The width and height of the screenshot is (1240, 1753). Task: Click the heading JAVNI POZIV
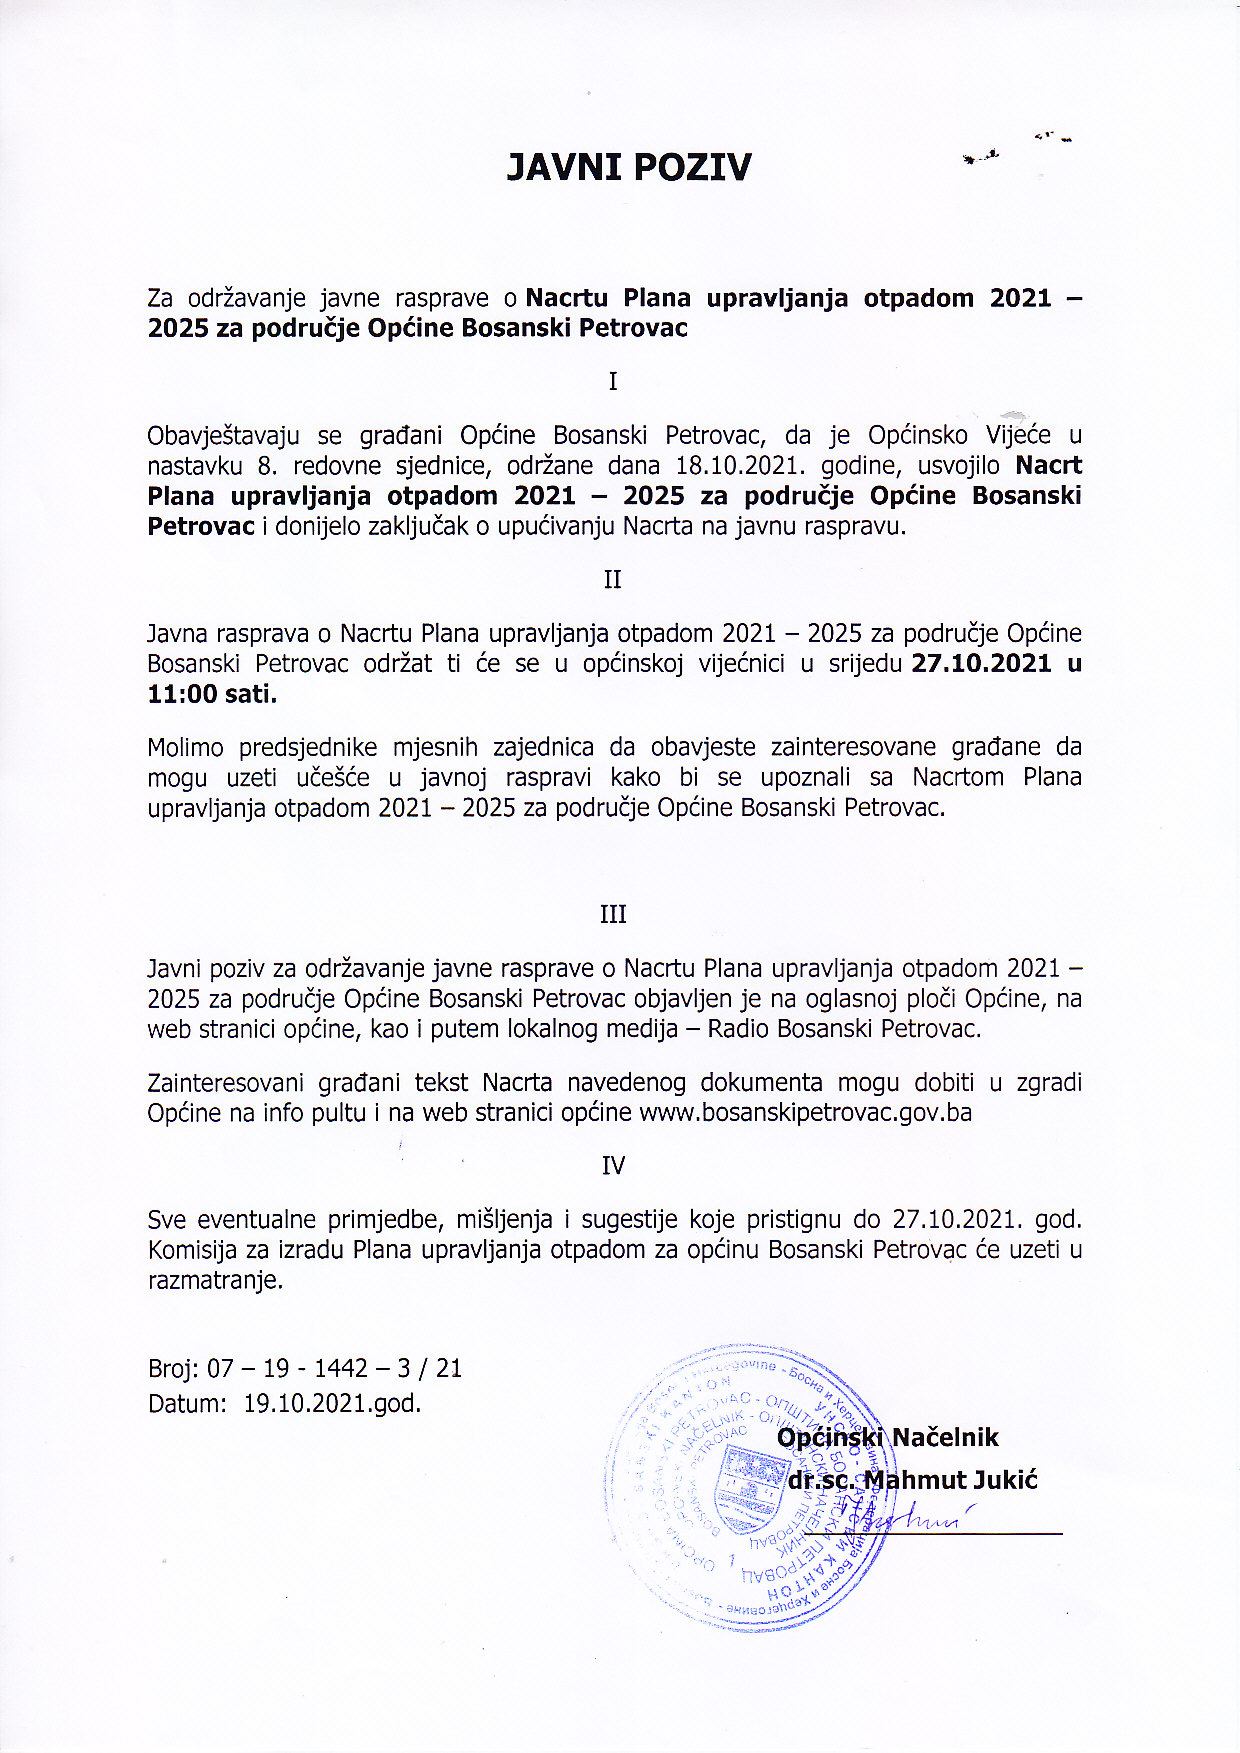[628, 167]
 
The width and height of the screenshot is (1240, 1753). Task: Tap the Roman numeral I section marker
[613, 381]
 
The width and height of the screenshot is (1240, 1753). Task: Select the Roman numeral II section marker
[613, 580]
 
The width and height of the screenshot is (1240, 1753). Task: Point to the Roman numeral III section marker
[613, 914]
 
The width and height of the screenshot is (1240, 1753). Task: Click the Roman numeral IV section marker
[613, 1165]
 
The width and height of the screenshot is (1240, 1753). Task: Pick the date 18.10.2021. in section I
[741, 465]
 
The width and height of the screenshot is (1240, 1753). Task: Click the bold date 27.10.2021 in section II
[981, 663]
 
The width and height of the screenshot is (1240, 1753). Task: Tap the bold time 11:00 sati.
[212, 694]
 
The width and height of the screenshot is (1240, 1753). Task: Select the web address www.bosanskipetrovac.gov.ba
[805, 1112]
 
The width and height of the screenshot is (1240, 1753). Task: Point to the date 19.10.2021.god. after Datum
[333, 1403]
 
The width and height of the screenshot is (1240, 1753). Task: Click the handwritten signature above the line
[910, 1520]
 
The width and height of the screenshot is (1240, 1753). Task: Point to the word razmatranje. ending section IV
[215, 1280]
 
